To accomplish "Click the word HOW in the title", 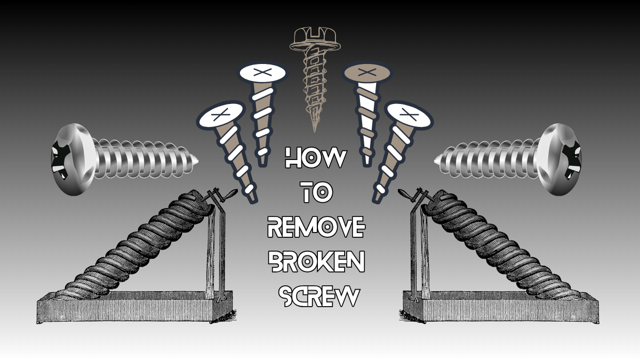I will click(316, 159).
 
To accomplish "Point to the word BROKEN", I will click(316, 261).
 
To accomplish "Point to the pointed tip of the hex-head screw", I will click(314, 129).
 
